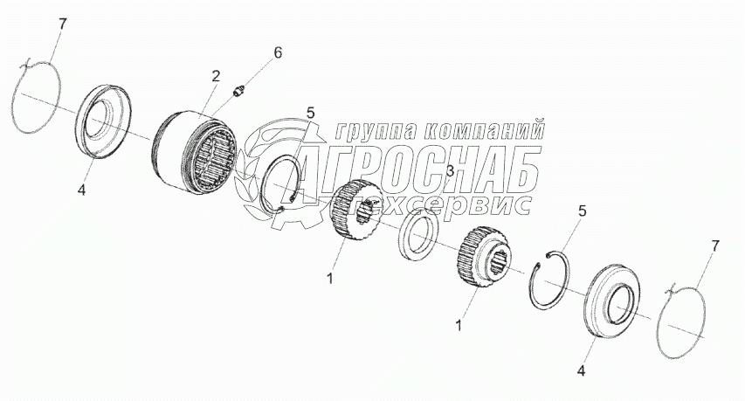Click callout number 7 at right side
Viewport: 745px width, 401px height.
pos(714,246)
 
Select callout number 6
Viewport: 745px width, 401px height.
pos(277,52)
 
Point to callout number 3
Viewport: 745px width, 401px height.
pos(449,172)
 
